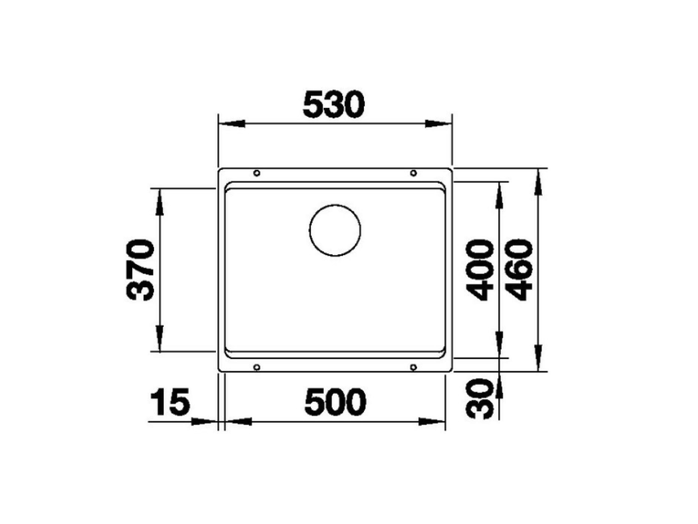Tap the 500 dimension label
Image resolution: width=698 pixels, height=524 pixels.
point(335,403)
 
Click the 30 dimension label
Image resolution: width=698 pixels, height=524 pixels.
point(482,400)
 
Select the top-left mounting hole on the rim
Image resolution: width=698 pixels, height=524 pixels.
point(256,173)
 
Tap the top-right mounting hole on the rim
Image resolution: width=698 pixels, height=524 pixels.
point(413,173)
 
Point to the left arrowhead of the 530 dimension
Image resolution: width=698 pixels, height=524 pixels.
point(230,124)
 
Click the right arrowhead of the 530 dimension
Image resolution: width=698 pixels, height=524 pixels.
point(438,124)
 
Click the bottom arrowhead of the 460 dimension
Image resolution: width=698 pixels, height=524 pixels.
point(538,359)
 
